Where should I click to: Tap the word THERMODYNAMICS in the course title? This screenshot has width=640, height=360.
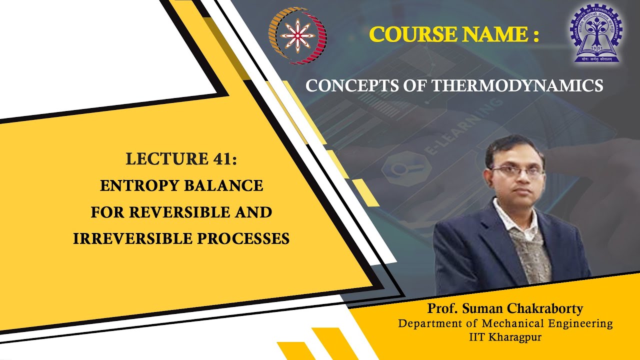tap(517, 86)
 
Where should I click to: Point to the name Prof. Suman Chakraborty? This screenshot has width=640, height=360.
tap(505, 308)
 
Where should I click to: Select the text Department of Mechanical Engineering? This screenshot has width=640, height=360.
tap(505, 323)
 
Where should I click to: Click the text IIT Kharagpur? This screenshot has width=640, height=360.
tap(505, 337)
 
